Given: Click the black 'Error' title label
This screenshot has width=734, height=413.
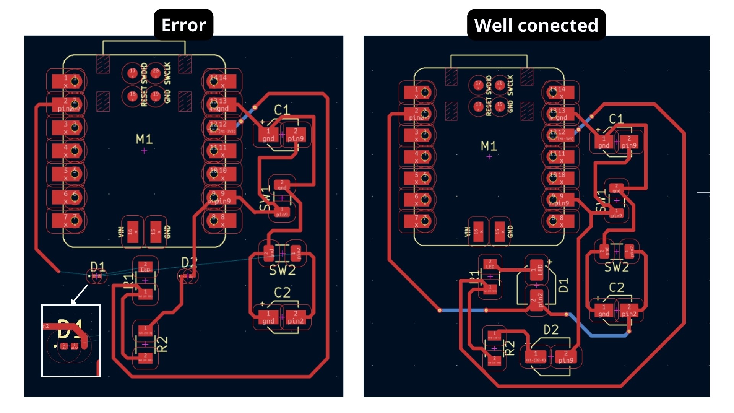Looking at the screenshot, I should click(x=183, y=25).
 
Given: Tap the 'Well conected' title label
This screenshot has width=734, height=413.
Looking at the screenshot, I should click(x=536, y=25).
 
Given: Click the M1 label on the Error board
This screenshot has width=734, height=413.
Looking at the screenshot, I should click(x=144, y=139).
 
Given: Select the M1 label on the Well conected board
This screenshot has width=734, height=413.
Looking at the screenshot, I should click(x=489, y=146).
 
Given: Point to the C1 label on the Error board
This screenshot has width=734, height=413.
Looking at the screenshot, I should click(x=282, y=110).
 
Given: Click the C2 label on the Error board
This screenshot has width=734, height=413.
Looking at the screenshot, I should click(x=282, y=293).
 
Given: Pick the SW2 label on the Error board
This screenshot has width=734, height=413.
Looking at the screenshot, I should click(x=282, y=270).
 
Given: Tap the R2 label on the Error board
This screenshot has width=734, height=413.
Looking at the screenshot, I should click(x=162, y=344).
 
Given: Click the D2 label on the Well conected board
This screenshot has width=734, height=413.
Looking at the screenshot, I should click(x=551, y=330).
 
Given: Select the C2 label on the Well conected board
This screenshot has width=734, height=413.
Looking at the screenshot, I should click(x=616, y=288).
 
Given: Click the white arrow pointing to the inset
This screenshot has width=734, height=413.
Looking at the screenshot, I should click(x=79, y=294).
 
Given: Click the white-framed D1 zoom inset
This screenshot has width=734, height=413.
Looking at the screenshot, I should click(x=71, y=341).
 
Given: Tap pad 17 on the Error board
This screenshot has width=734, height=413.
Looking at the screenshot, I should click(x=133, y=73).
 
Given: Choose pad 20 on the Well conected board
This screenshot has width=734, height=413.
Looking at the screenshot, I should click(x=500, y=85).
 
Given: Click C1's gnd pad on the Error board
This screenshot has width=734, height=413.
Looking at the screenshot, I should click(x=268, y=135).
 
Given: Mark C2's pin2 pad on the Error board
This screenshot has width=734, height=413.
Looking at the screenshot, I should click(x=296, y=317).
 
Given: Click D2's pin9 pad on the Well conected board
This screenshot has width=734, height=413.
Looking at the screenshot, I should click(x=566, y=357).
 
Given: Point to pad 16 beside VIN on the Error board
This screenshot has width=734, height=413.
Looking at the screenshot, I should click(x=132, y=232).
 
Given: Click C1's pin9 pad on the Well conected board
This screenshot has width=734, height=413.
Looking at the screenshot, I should click(x=629, y=142).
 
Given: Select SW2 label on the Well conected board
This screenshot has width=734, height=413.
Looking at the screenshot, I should click(x=616, y=267).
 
